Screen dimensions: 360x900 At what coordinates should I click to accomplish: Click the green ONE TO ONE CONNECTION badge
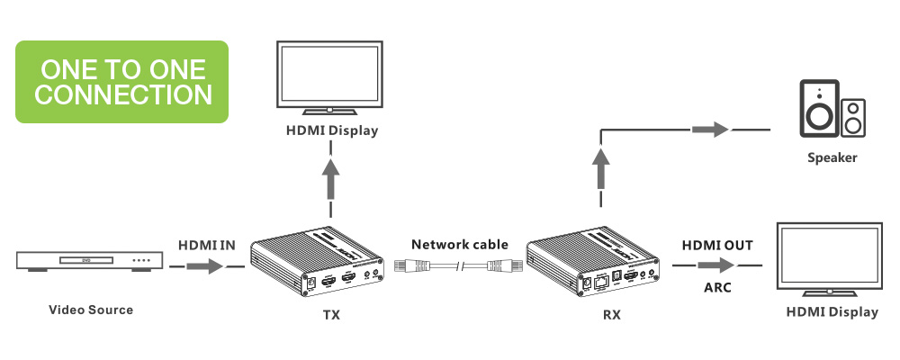(123, 82)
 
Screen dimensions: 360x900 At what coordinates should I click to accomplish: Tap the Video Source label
(90, 310)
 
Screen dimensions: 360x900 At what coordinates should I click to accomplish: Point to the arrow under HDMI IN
(205, 266)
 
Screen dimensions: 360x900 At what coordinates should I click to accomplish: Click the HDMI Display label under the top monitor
(331, 131)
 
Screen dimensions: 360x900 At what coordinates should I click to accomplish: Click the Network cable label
(460, 244)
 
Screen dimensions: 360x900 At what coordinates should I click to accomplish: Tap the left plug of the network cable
(415, 266)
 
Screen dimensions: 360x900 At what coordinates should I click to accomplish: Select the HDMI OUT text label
(717, 244)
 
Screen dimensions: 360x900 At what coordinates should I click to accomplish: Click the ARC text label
(717, 289)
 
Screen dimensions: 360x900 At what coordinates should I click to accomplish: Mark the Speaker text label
(832, 158)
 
